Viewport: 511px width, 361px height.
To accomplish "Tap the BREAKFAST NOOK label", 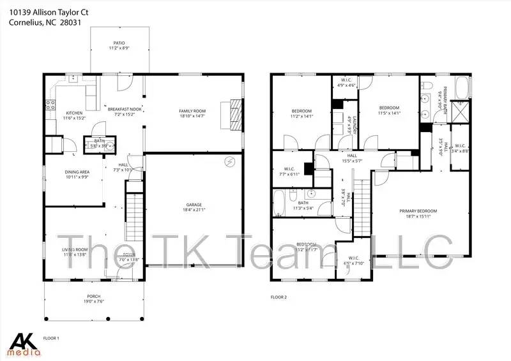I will click(x=125, y=110).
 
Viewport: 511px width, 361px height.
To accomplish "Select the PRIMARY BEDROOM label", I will click(x=418, y=211).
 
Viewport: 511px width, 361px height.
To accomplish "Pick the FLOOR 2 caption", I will click(x=279, y=297).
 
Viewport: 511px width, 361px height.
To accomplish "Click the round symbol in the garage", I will click(x=229, y=162).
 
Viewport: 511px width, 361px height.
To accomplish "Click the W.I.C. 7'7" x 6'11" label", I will click(x=291, y=172).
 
